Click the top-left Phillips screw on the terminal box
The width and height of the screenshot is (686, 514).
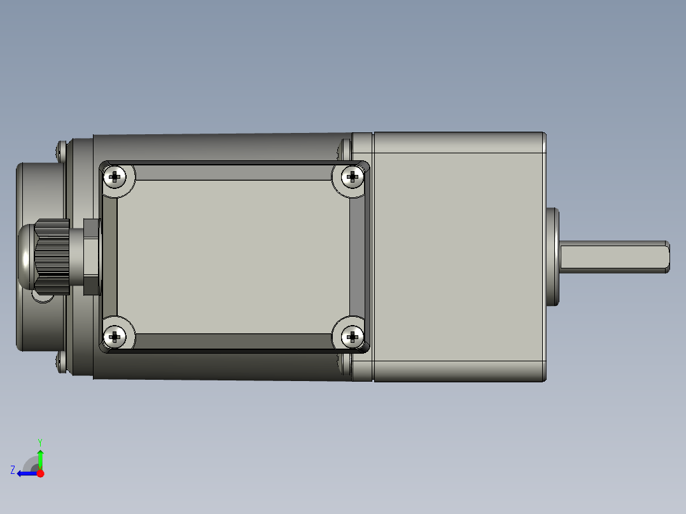click(115, 177)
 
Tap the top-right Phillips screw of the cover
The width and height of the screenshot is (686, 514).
click(351, 177)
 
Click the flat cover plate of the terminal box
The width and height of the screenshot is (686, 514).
click(233, 256)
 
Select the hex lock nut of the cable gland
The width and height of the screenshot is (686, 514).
click(92, 256)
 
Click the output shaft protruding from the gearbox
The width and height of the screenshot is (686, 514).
click(611, 256)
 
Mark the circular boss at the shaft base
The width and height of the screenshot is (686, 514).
click(552, 256)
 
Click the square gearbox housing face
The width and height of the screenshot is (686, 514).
click(458, 256)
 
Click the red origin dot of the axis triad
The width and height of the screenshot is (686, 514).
click(40, 473)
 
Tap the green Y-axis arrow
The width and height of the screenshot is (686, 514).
click(40, 457)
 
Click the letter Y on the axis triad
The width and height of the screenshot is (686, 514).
click(39, 441)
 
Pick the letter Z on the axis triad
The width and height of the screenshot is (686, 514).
click(13, 469)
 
